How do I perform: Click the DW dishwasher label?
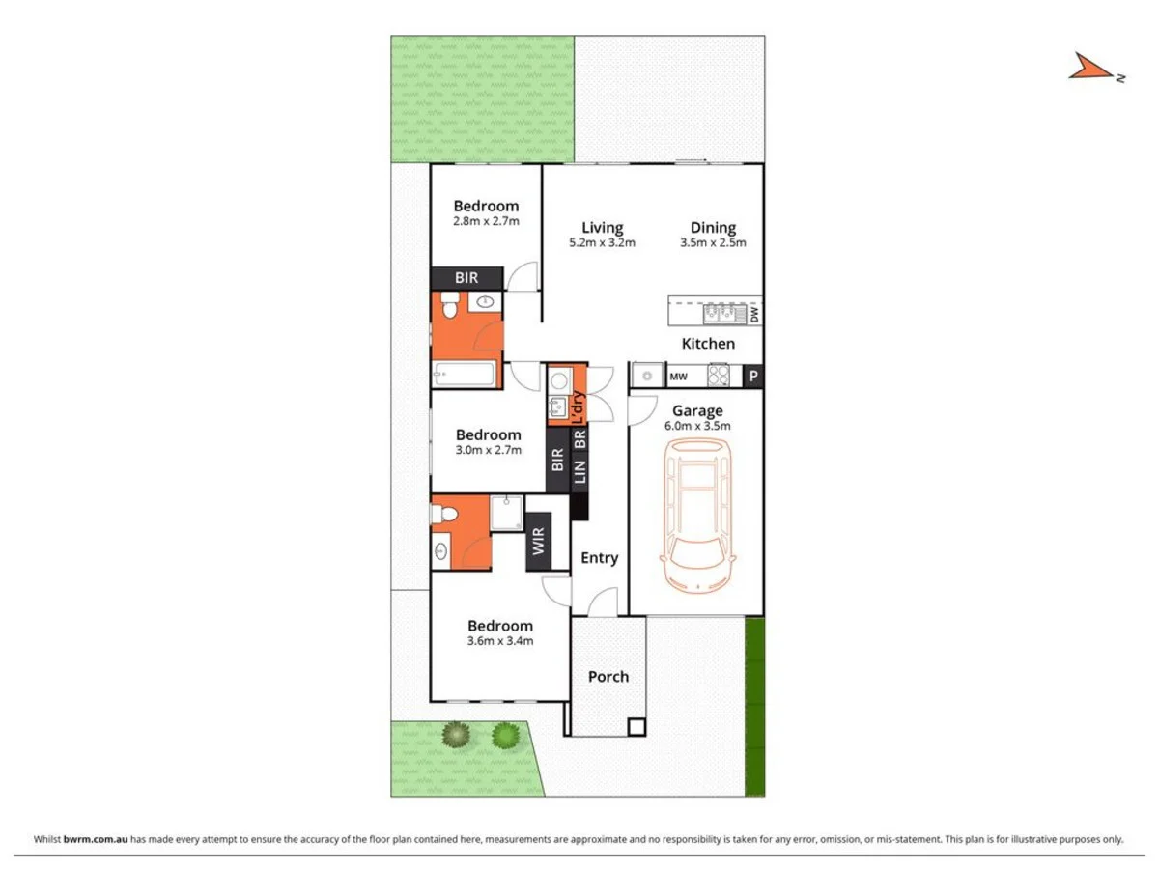(x=754, y=313)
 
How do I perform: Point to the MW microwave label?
(x=678, y=377)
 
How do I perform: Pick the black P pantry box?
(x=752, y=377)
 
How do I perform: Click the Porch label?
(x=608, y=676)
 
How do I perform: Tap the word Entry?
(x=599, y=557)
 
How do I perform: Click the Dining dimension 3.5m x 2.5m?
(x=713, y=243)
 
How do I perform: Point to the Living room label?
(x=602, y=228)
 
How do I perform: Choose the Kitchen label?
(x=708, y=343)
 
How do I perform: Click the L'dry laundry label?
(x=579, y=406)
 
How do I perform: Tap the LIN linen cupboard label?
(x=579, y=472)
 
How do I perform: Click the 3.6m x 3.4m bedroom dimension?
(x=500, y=640)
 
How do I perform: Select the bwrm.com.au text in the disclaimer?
(x=96, y=839)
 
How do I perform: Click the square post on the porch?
(x=636, y=727)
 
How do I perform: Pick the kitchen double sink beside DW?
(x=721, y=312)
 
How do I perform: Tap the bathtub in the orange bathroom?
(x=465, y=374)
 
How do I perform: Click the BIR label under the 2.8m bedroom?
(x=466, y=278)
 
